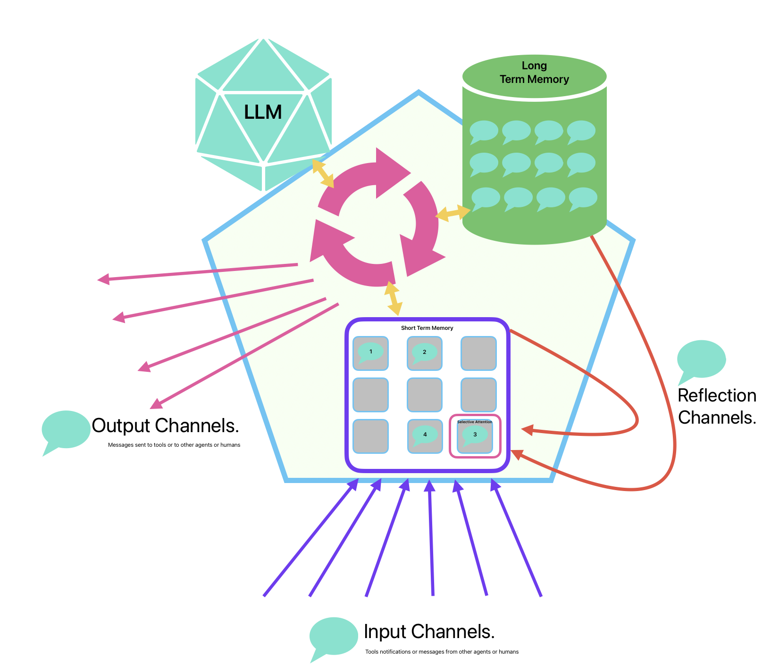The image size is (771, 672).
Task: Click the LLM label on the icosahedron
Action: tap(263, 112)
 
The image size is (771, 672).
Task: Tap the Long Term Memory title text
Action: tap(534, 73)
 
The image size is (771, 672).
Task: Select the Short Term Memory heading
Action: tap(427, 328)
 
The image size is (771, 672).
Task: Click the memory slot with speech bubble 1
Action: tap(370, 353)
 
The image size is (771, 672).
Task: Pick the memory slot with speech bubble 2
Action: tap(424, 353)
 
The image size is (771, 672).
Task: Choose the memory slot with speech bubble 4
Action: tap(425, 436)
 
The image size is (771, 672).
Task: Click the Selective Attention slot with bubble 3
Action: tap(475, 436)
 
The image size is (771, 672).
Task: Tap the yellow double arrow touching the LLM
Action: tap(323, 173)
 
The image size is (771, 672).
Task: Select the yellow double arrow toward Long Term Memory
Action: tap(453, 213)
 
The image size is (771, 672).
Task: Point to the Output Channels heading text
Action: tap(165, 426)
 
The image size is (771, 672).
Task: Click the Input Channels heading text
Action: tap(429, 632)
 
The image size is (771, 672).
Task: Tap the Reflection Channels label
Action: tap(716, 406)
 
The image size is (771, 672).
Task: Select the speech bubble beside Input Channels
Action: tap(333, 637)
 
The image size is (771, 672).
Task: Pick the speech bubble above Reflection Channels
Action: tap(701, 360)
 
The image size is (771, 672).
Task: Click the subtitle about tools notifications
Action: tap(442, 652)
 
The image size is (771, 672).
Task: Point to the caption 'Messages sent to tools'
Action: tap(174, 445)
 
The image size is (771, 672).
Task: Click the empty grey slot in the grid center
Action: tap(424, 394)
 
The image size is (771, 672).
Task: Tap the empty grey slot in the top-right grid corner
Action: tap(478, 353)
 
